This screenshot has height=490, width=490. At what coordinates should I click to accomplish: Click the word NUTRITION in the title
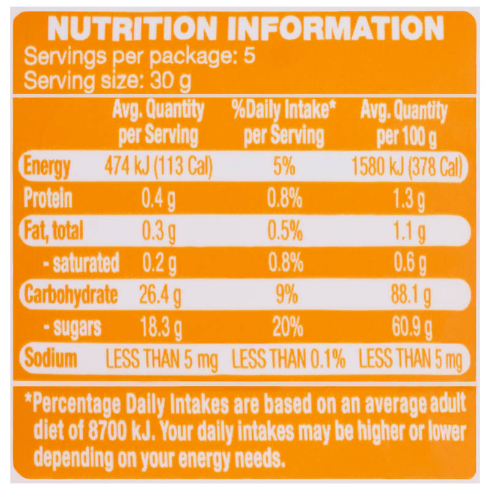[132, 28]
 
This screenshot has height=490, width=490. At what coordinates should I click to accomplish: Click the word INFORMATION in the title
[336, 28]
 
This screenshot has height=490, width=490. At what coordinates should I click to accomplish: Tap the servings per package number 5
[249, 56]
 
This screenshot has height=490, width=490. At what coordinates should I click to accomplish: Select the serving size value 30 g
[170, 81]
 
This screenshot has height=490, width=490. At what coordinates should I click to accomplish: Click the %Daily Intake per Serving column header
[284, 123]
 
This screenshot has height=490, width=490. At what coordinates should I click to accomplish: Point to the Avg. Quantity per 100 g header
[404, 124]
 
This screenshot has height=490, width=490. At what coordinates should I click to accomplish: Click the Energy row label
[47, 166]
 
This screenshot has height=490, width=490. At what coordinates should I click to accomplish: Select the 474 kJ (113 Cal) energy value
[159, 166]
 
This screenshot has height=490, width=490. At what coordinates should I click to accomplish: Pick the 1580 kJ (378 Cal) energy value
[407, 167]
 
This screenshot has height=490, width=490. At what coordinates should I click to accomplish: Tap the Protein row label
[48, 198]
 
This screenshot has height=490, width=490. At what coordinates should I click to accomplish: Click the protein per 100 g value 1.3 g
[409, 200]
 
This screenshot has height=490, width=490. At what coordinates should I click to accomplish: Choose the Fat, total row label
[53, 231]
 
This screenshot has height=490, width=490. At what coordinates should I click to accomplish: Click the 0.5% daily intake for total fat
[285, 231]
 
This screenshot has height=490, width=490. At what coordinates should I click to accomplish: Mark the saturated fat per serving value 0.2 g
[159, 263]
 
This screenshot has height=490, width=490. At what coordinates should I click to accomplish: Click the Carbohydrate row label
[71, 295]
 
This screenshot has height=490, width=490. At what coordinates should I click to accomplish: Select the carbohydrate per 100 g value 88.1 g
[411, 295]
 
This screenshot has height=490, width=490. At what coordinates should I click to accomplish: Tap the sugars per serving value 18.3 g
[161, 328]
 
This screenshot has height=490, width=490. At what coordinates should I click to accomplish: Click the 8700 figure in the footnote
[107, 431]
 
